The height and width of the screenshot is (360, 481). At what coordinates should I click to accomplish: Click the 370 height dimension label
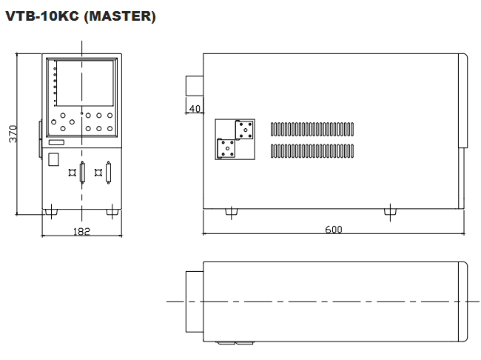(13, 133)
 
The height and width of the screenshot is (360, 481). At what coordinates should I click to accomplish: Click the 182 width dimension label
(81, 231)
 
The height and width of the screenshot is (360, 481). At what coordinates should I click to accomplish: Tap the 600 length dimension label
(334, 229)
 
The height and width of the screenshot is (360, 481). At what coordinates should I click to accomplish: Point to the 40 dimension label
(195, 108)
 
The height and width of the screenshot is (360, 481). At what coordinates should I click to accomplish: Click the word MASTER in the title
(120, 16)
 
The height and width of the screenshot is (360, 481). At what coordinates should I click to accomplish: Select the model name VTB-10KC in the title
(42, 16)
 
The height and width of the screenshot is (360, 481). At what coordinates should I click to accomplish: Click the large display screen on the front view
(85, 83)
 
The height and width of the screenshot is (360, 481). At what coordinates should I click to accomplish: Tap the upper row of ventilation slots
(312, 129)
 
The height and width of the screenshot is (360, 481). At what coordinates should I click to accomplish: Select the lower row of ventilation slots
(312, 151)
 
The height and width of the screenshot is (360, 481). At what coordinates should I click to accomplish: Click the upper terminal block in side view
(244, 130)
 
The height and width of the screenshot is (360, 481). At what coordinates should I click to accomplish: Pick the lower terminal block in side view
(226, 148)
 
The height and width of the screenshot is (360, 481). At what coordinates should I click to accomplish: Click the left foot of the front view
(51, 212)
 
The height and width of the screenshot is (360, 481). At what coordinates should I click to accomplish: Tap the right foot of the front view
(112, 212)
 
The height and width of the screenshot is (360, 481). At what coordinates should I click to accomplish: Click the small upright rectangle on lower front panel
(53, 159)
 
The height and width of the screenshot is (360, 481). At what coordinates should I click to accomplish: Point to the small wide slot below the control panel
(56, 142)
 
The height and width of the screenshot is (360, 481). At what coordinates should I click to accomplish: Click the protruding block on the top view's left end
(195, 301)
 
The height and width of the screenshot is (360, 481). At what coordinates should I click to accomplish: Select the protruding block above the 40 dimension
(195, 86)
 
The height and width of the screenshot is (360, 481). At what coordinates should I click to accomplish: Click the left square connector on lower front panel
(72, 173)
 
